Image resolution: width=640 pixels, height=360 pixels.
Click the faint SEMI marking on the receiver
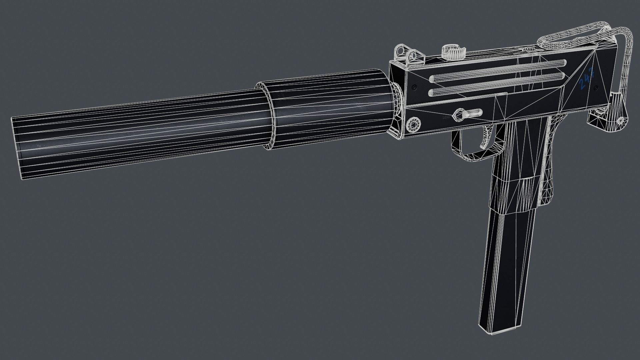(445, 117)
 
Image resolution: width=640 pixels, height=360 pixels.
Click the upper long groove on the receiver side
(497, 71)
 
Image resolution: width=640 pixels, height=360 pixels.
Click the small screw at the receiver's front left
(414, 87)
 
